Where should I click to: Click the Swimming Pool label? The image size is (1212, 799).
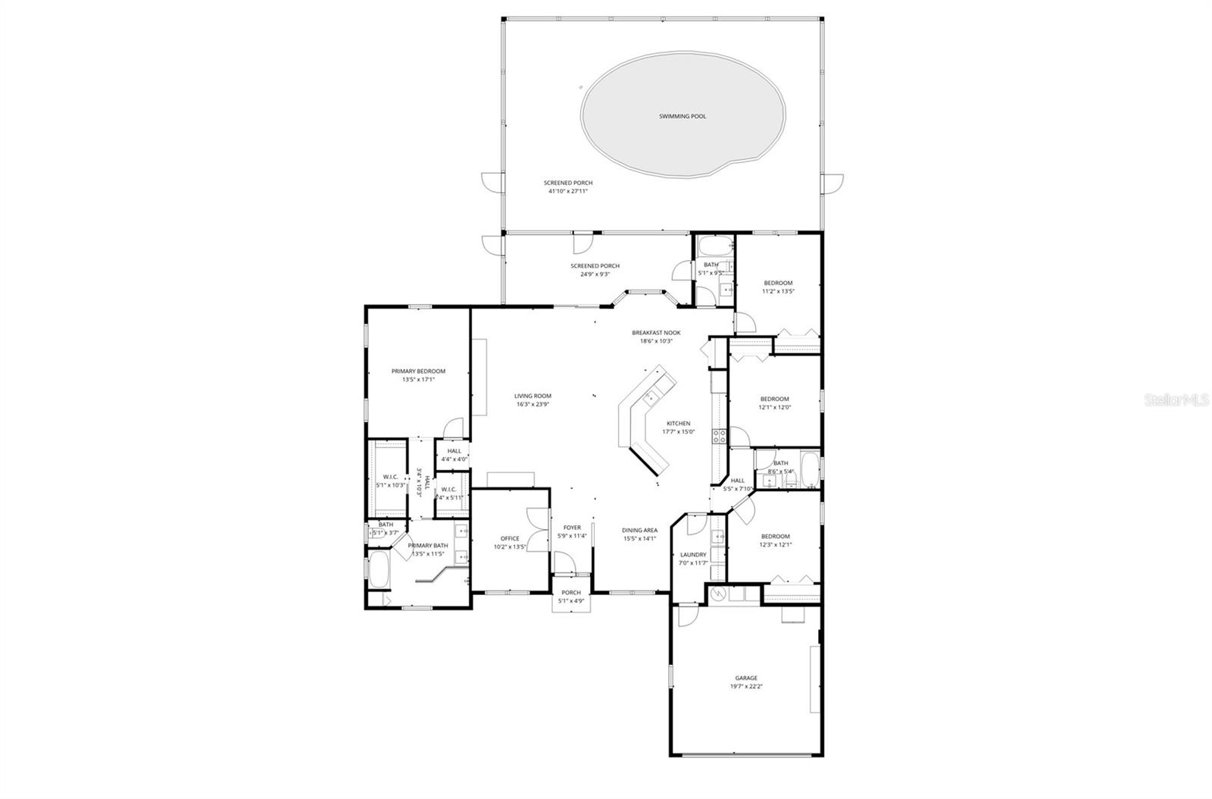point(682,116)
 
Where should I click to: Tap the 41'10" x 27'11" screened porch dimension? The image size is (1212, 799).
point(568,192)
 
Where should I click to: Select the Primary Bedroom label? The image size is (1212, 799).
point(418,371)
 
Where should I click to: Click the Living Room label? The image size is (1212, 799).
point(533,396)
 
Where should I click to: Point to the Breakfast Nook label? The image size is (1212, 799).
point(656,333)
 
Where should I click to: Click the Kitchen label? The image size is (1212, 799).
point(678,423)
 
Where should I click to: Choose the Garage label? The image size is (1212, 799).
point(745,678)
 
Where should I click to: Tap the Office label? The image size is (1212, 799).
point(509,538)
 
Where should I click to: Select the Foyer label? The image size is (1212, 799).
point(572,528)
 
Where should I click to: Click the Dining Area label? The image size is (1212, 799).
point(639,530)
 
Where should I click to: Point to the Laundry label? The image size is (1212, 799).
point(692,554)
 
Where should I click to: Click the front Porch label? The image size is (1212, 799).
point(571,593)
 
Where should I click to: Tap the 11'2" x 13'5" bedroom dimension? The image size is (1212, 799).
point(778,291)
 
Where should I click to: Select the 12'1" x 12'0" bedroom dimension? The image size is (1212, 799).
point(775,407)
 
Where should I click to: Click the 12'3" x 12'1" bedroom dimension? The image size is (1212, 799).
point(775,544)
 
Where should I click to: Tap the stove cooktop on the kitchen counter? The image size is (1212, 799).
point(719,435)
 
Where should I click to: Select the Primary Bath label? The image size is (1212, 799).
point(428,546)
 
